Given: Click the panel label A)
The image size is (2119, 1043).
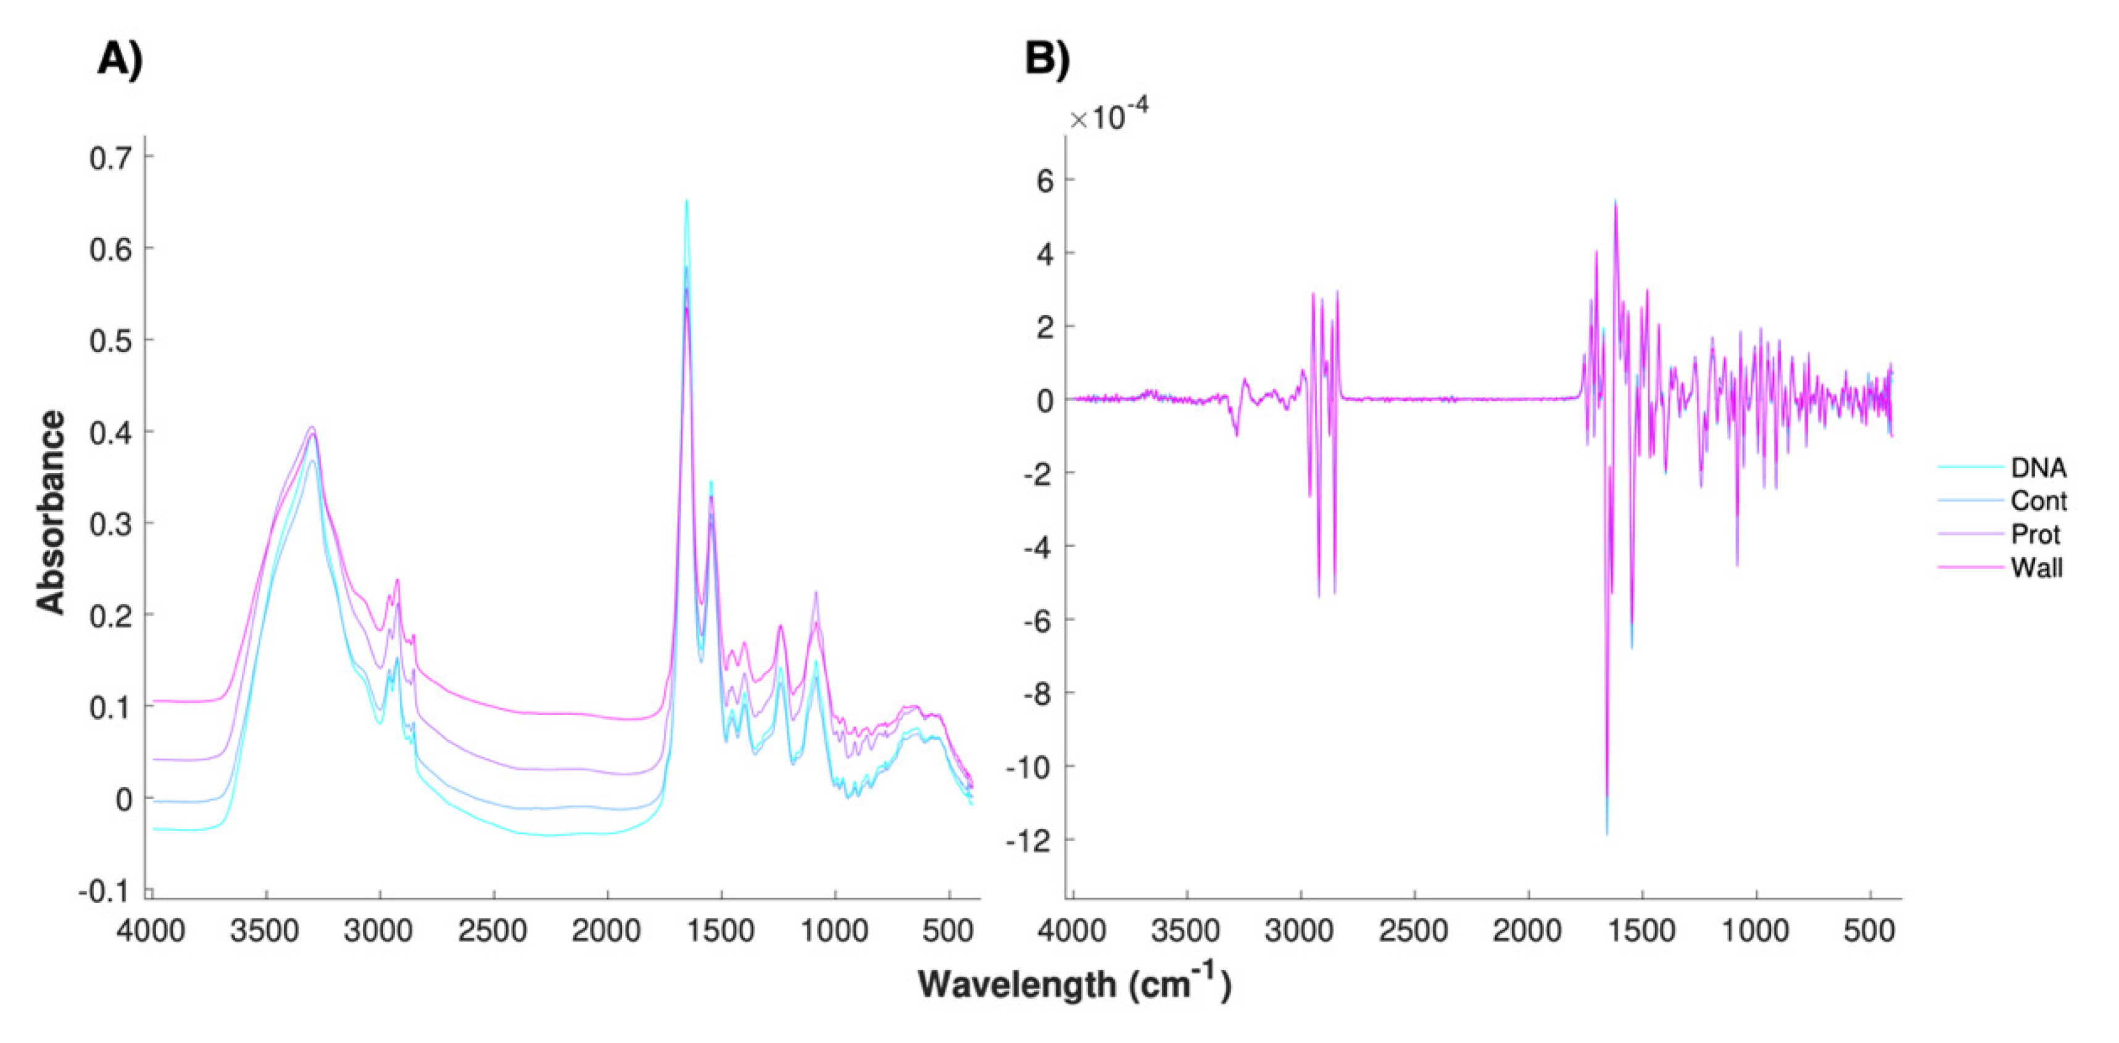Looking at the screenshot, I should [x=120, y=60].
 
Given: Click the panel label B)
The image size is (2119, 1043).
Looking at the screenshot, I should [x=1047, y=60].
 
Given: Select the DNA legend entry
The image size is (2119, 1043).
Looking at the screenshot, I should [x=2038, y=468].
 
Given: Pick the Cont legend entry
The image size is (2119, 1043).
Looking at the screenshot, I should [x=2038, y=501].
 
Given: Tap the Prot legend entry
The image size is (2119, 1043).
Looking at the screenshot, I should [x=2034, y=535].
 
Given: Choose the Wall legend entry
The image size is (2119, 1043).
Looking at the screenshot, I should [x=2036, y=567].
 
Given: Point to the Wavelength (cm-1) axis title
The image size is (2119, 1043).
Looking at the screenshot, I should [x=1074, y=983].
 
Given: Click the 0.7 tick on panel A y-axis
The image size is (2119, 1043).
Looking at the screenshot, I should [x=110, y=157].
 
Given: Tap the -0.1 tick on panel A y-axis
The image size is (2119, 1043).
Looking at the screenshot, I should [x=104, y=891].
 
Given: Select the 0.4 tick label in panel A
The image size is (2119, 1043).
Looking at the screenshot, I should [x=110, y=432].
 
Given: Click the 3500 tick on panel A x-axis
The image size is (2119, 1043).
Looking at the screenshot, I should [x=265, y=932].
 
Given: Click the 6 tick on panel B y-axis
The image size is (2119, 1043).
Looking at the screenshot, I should [x=1044, y=180].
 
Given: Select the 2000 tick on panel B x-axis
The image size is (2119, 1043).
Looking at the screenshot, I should [x=1528, y=932].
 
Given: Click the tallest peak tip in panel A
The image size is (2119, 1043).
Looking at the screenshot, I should [x=686, y=200].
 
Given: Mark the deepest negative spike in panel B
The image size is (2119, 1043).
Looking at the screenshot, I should [x=1606, y=833].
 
